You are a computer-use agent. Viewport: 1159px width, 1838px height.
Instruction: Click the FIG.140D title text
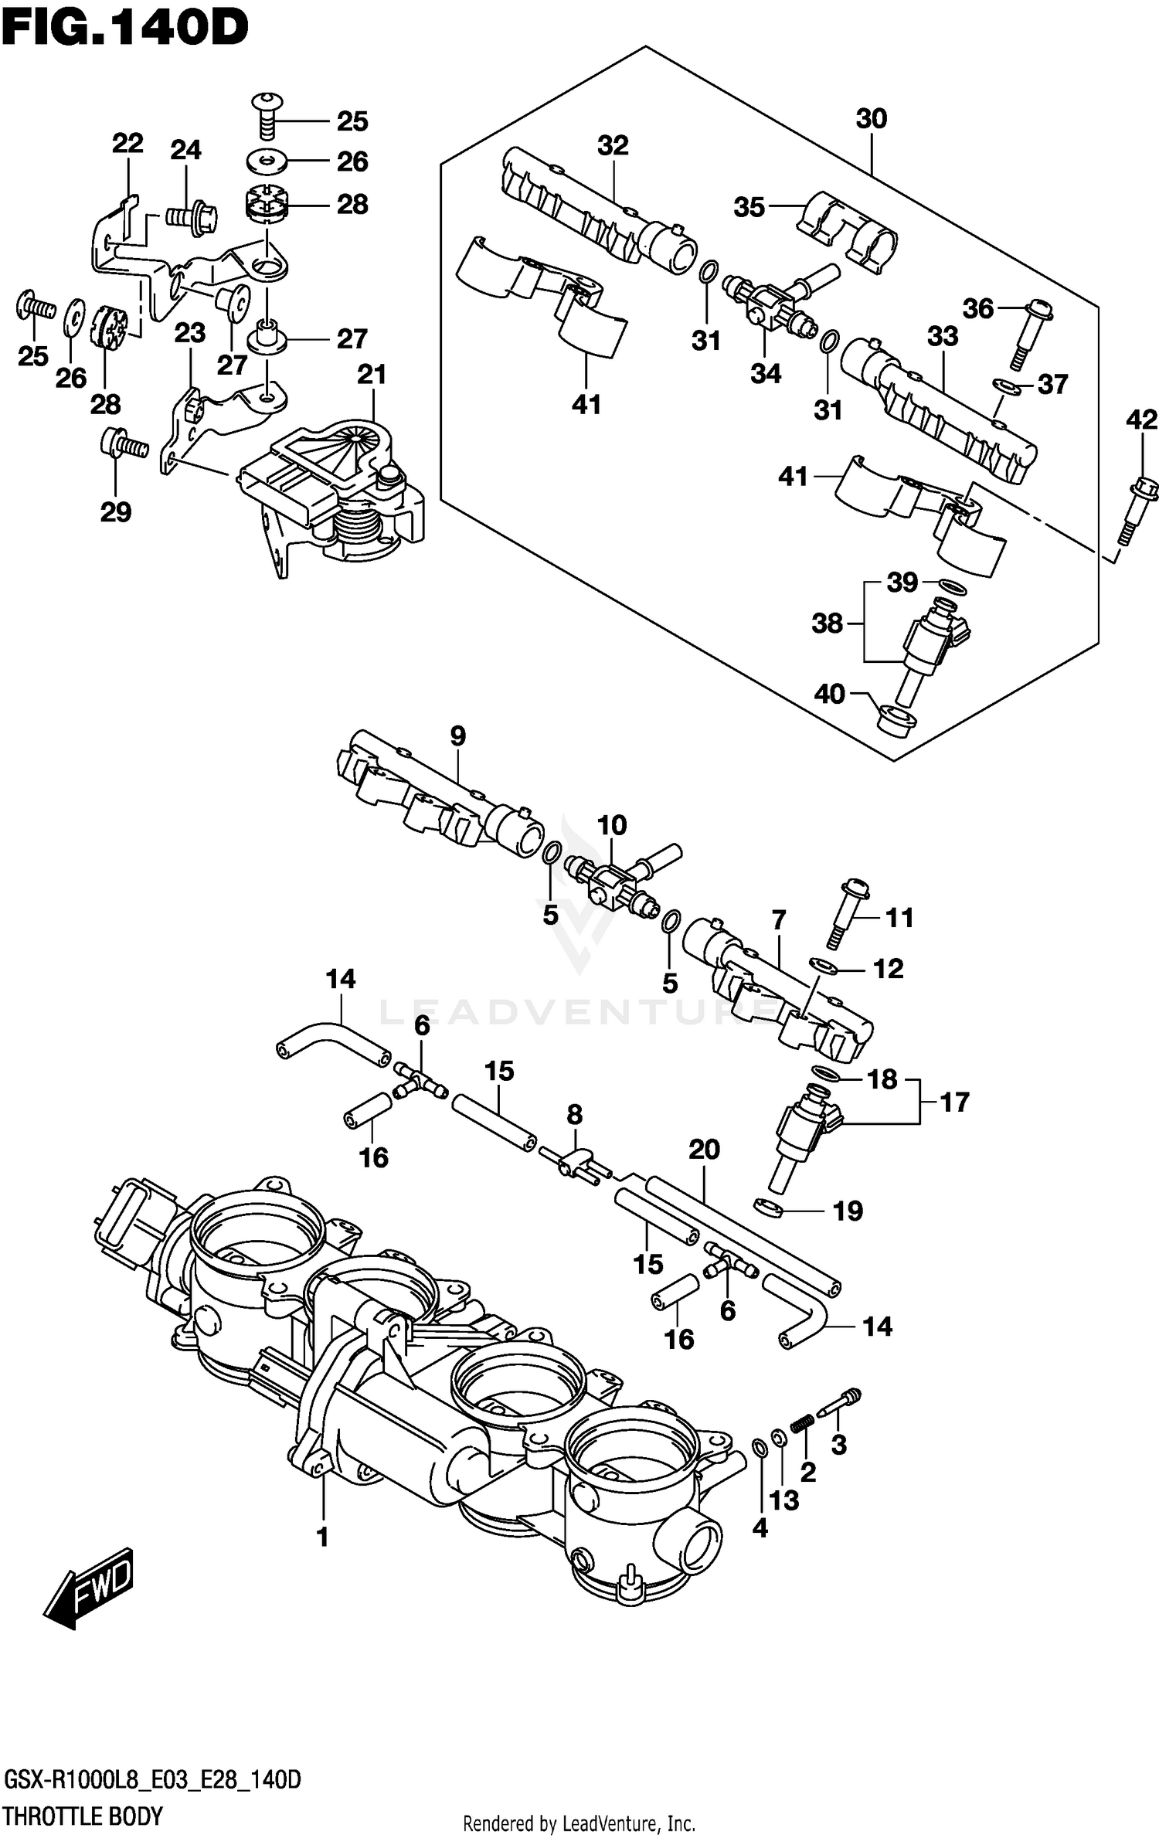(x=124, y=29)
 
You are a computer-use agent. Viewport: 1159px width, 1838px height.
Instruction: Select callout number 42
(x=1141, y=420)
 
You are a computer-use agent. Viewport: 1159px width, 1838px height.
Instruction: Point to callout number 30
(x=871, y=118)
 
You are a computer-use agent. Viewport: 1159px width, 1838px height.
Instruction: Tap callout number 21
(x=372, y=374)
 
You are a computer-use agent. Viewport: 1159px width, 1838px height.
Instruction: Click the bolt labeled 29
(x=124, y=444)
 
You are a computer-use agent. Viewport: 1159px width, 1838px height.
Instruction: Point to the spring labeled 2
(x=804, y=1422)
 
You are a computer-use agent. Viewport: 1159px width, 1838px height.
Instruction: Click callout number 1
(x=323, y=1537)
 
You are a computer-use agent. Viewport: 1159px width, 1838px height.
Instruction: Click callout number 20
(x=704, y=1149)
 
